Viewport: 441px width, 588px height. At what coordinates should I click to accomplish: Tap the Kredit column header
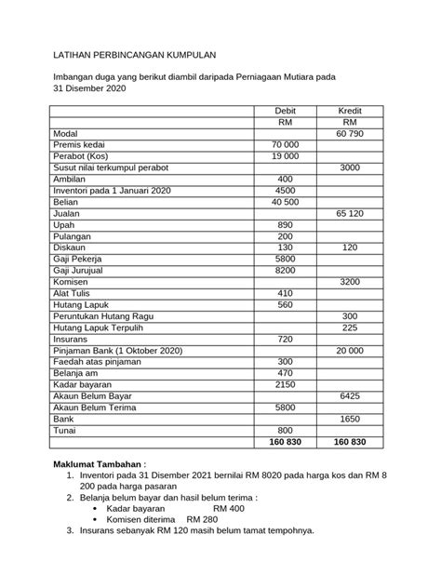[x=349, y=110]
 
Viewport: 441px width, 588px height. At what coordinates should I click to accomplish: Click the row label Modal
[x=68, y=134]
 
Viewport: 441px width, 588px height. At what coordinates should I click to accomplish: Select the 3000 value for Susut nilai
[x=349, y=167]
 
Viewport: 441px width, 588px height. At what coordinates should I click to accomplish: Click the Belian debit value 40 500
[x=285, y=202]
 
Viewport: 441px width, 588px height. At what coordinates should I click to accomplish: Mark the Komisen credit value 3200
[x=349, y=281]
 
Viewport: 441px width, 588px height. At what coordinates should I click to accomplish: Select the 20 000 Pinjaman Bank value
[x=349, y=350]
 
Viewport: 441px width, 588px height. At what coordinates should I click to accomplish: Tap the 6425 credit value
[x=349, y=394]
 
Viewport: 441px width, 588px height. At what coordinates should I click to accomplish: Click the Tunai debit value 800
[x=285, y=429]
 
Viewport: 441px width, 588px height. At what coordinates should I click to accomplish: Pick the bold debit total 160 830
[x=285, y=441]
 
